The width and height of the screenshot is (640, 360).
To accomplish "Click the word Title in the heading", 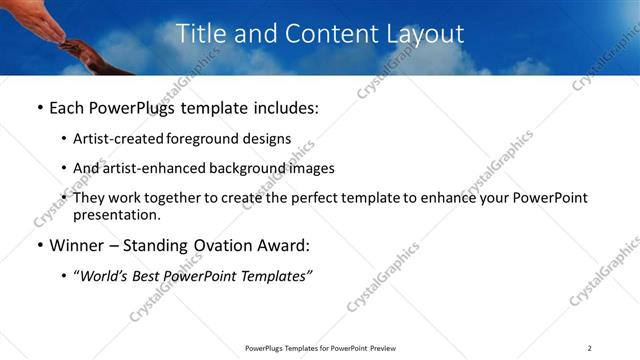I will point(202,34).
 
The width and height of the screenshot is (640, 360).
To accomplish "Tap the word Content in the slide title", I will point(325,34).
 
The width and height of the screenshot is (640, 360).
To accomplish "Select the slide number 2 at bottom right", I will point(589,348).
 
